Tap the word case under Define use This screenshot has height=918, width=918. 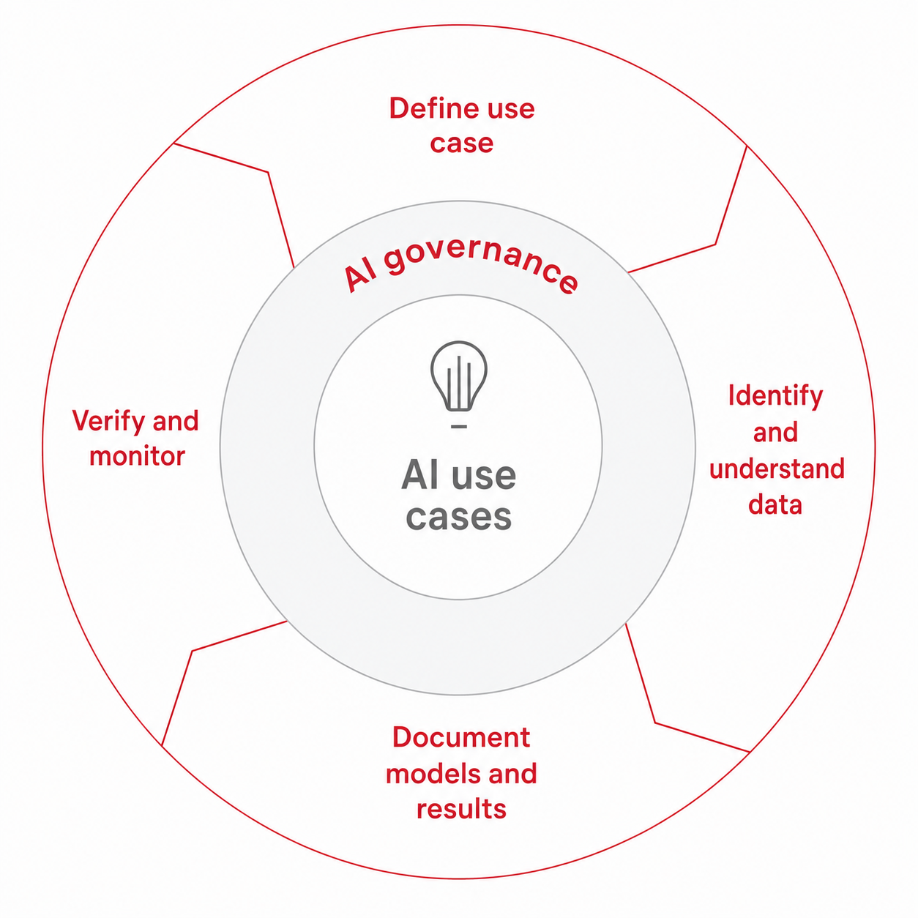pyautogui.click(x=461, y=143)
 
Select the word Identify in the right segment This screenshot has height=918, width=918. pyautogui.click(x=775, y=397)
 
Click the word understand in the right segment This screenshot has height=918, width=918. pyautogui.click(x=777, y=469)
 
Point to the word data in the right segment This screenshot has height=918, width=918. pyautogui.click(x=775, y=504)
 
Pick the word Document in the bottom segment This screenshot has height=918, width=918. pyautogui.click(x=461, y=737)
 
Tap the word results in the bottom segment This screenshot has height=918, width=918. pyautogui.click(x=461, y=809)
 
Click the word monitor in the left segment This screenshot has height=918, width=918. pyautogui.click(x=137, y=456)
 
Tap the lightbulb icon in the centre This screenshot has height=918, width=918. pyautogui.click(x=458, y=376)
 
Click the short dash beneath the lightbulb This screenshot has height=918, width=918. pyautogui.click(x=459, y=426)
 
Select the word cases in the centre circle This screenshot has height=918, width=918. pyautogui.click(x=459, y=516)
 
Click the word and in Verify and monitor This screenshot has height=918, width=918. pyautogui.click(x=175, y=421)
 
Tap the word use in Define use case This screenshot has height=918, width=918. pyautogui.click(x=511, y=109)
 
